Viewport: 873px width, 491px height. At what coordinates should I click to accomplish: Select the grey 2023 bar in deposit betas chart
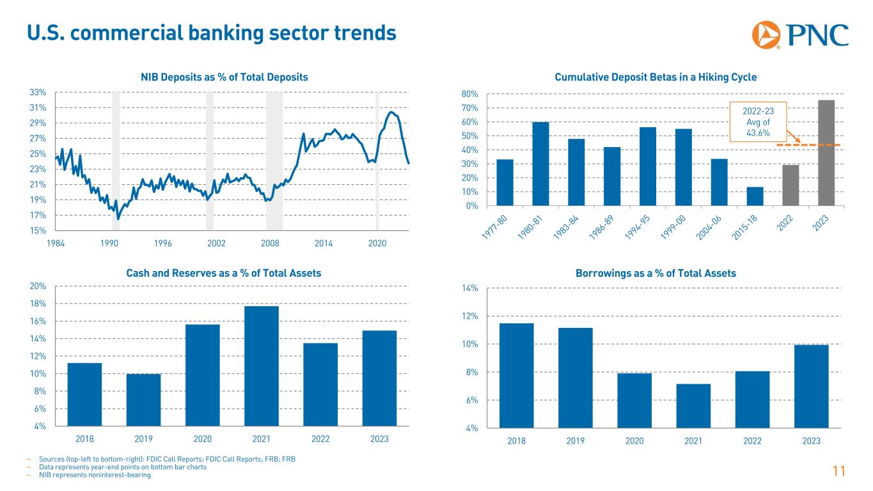pos(826,153)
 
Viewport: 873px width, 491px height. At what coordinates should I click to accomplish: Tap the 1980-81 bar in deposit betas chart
pos(540,164)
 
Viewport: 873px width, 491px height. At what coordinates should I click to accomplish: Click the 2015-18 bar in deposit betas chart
pos(755,196)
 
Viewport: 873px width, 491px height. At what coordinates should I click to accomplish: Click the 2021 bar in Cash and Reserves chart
pos(262,366)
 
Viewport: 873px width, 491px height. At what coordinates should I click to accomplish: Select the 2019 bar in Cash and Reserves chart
pos(143,400)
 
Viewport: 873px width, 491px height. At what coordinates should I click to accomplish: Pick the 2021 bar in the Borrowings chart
pos(693,405)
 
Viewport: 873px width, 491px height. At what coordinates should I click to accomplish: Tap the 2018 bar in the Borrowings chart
pos(516,375)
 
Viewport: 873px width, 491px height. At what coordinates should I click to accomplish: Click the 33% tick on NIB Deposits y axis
pos(38,93)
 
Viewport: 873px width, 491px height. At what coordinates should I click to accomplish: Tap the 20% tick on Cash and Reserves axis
pos(38,286)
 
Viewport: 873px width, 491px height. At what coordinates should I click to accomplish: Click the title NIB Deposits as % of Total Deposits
pos(224,77)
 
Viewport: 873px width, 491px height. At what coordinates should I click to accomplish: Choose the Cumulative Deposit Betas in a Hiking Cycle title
pos(656,77)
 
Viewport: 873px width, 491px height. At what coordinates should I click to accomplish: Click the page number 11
pos(839,472)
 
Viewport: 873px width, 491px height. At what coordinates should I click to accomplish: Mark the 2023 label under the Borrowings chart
pos(811,441)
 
